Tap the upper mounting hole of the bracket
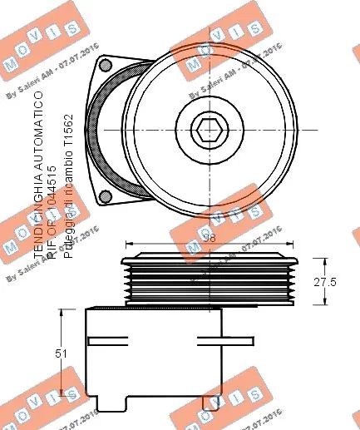(106, 64)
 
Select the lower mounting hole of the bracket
(106, 196)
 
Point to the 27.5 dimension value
(323, 282)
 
